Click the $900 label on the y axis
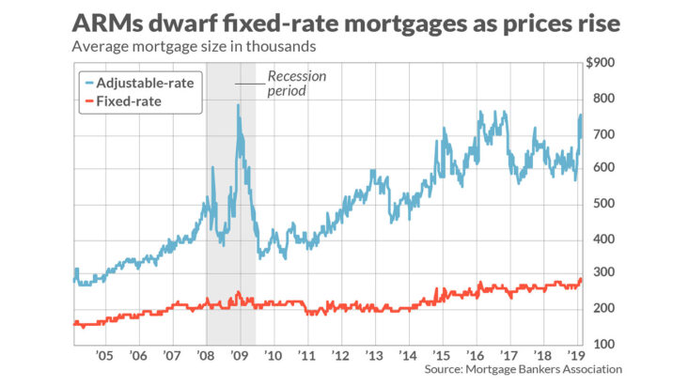602,63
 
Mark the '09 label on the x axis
239,358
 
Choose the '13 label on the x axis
374,358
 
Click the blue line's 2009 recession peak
239,105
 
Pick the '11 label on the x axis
306,358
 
